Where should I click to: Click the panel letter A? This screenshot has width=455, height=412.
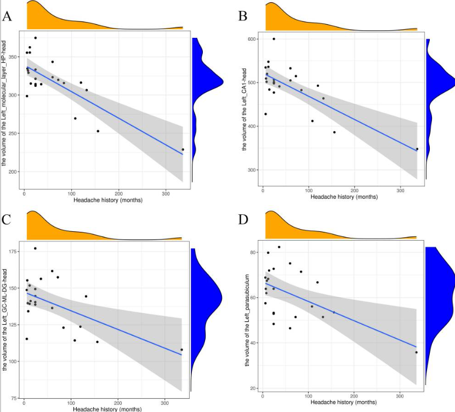pyautogui.click(x=7, y=16)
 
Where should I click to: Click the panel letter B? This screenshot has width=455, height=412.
pyautogui.click(x=243, y=16)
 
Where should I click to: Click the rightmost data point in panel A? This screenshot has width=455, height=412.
pyautogui.click(x=183, y=149)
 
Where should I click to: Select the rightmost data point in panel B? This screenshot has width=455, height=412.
pyautogui.click(x=417, y=149)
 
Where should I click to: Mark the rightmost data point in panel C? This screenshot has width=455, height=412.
pyautogui.click(x=181, y=350)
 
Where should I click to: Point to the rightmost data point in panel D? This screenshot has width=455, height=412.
pyautogui.click(x=417, y=352)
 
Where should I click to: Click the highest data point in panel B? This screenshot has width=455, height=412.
pyautogui.click(x=274, y=39)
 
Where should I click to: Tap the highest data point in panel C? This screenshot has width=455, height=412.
pyautogui.click(x=35, y=248)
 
